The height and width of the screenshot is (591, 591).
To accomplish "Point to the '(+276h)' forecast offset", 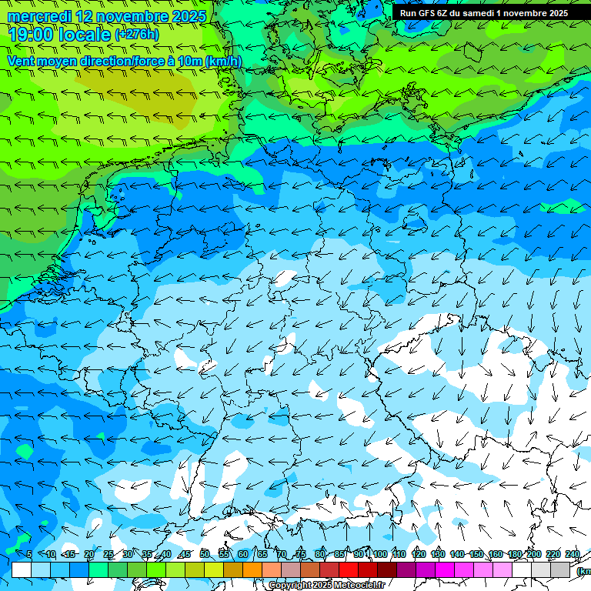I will (x=136, y=35).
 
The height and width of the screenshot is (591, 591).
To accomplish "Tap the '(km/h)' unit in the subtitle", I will (x=223, y=61).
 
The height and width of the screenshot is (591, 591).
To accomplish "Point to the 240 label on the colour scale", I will (x=572, y=554).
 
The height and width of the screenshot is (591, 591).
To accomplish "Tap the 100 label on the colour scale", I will (x=379, y=554).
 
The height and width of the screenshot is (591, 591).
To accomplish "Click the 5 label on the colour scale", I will (x=29, y=554).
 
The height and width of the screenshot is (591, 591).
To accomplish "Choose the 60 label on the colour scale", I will (x=243, y=554).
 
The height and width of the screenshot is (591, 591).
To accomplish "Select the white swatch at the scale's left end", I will (x=22, y=569).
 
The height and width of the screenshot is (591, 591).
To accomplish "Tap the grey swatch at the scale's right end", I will (x=560, y=569).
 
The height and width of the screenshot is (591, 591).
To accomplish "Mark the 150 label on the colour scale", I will (x=476, y=554).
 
